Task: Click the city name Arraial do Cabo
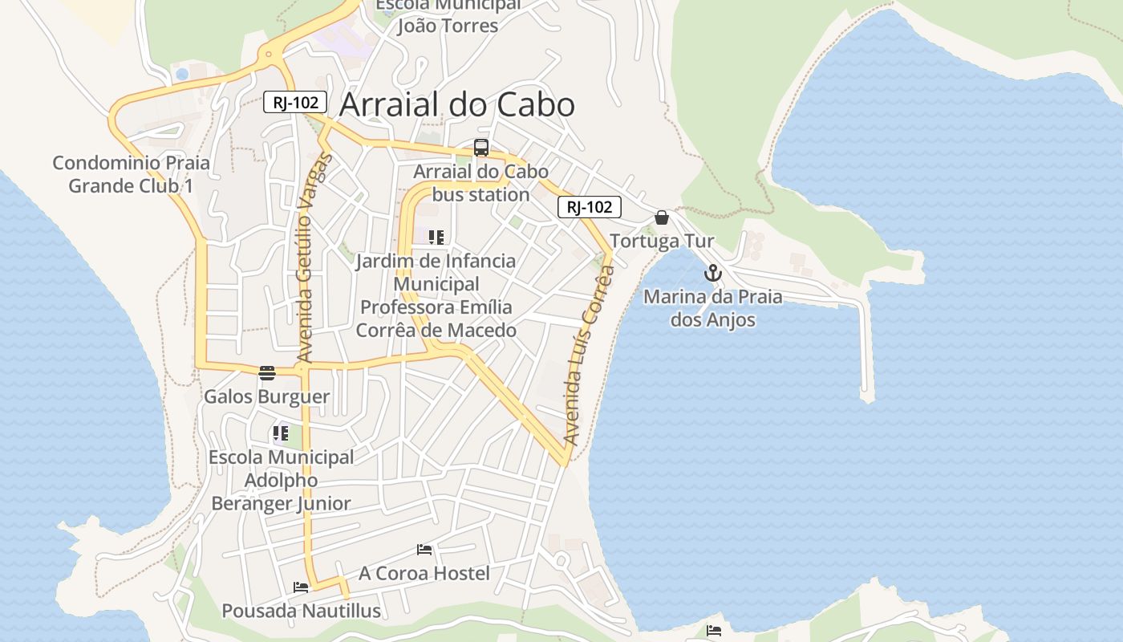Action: coord(456,105)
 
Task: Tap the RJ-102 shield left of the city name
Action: coord(295,102)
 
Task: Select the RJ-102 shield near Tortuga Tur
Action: coord(590,207)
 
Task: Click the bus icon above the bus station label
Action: coord(481,148)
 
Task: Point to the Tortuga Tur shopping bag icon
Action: coord(662,217)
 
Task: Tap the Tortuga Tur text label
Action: coord(662,242)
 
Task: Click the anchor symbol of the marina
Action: coord(713,274)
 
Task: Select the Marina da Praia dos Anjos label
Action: coord(713,308)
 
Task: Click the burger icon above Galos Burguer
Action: coord(267,372)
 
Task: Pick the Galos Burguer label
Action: coord(266,396)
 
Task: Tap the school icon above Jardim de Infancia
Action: coord(436,238)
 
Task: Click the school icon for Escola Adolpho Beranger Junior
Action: coord(281,434)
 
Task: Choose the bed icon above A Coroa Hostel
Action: coord(424,550)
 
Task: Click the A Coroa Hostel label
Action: coord(424,573)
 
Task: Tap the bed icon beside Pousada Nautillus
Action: coord(301,587)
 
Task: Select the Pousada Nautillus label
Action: coord(301,611)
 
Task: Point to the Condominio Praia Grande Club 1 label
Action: coord(131,174)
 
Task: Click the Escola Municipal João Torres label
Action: coord(448,16)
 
